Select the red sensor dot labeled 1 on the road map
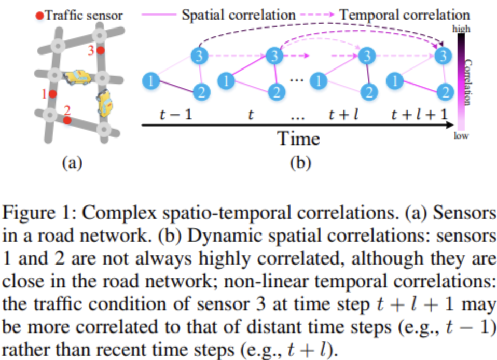pyautogui.click(x=53, y=94)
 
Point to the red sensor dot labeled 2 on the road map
pyautogui.click(x=67, y=120)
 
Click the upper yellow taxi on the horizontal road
pyautogui.click(x=77, y=77)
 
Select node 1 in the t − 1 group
pyautogui.click(x=150, y=80)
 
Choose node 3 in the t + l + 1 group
pyautogui.click(x=442, y=54)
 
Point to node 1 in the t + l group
pyautogui.click(x=319, y=80)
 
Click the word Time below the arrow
pyautogui.click(x=298, y=139)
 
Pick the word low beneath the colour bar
pyautogui.click(x=461, y=136)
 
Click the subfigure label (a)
pyautogui.click(x=72, y=164)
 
